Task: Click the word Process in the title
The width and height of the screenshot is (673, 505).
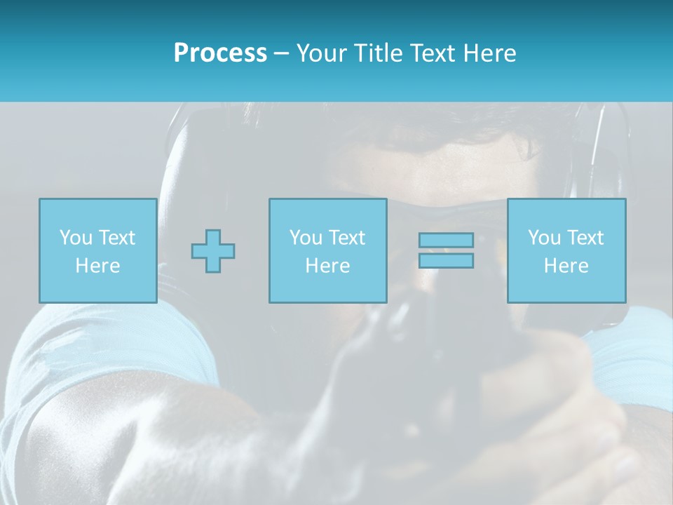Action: coord(220,53)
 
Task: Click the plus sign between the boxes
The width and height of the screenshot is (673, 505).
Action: coord(213,250)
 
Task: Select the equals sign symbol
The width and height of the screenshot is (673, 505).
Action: coord(446,250)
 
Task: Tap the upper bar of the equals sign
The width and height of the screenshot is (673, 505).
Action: coord(446,241)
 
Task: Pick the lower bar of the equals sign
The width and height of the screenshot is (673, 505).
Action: coord(446,260)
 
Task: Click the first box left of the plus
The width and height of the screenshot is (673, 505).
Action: coord(97,250)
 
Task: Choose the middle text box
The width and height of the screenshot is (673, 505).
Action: coord(327,250)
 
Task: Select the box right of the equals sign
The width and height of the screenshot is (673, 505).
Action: coord(566,250)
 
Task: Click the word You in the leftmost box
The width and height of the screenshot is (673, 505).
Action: coord(76,238)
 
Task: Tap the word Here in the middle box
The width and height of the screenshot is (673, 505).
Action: coord(327,266)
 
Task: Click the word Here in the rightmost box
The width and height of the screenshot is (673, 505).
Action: coord(566,266)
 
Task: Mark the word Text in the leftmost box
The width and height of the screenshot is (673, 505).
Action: coord(117,238)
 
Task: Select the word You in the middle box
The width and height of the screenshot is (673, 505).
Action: coord(306,238)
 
